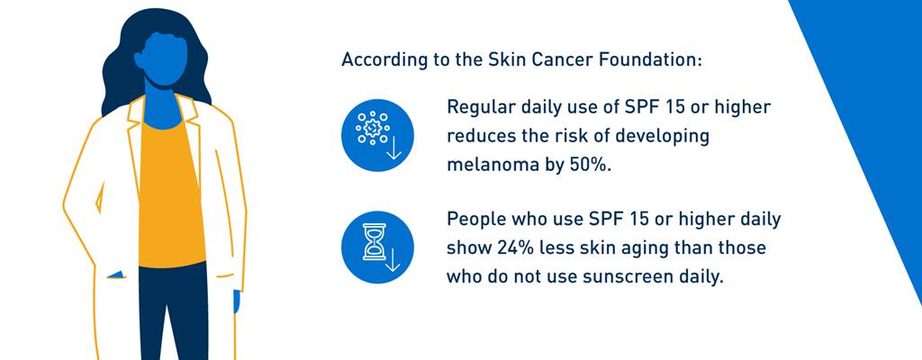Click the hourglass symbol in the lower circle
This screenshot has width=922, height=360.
click(375, 242)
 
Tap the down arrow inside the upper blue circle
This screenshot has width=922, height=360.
click(393, 150)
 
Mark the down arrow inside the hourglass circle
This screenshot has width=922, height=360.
click(393, 262)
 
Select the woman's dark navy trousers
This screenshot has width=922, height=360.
click(174, 310)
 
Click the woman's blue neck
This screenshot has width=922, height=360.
click(160, 107)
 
